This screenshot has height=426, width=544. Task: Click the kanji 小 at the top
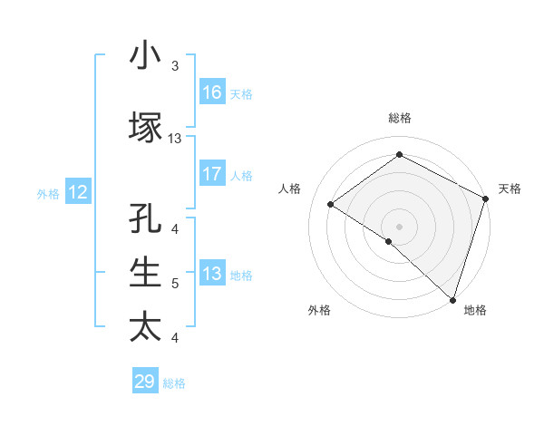point(145,56)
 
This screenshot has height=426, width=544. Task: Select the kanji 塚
point(145,128)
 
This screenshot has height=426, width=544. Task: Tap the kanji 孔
point(145,220)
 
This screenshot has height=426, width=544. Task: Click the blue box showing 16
point(212,92)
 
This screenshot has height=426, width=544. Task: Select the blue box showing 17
point(212,175)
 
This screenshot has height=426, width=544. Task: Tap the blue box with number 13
point(212,275)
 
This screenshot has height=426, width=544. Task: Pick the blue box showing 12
point(78,192)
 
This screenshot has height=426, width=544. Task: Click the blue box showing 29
point(145,382)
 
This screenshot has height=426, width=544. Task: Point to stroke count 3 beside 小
point(175,66)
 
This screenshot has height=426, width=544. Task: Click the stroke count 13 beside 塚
point(175,139)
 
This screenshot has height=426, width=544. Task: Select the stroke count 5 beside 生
point(175,284)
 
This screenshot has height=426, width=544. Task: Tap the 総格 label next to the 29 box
point(174,383)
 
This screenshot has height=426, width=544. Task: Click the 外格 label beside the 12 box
point(48,193)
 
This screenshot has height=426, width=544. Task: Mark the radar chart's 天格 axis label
point(510,189)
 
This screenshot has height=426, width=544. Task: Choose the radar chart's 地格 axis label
point(475,310)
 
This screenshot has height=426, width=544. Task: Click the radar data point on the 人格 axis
point(331,205)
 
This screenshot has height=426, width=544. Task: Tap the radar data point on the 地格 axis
point(452,300)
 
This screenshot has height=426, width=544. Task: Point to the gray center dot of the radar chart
point(399,226)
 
